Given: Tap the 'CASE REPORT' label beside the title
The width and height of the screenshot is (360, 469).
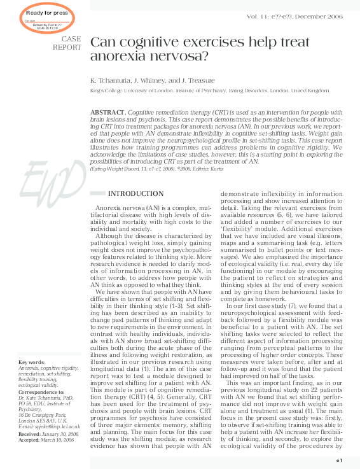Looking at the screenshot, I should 66,43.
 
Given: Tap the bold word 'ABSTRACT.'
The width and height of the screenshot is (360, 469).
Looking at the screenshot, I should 109,112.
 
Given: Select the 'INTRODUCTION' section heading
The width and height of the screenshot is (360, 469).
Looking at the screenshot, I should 135,194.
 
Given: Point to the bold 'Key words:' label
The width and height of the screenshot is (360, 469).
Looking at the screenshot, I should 31,363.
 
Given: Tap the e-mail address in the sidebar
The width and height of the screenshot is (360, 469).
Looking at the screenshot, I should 50,426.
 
